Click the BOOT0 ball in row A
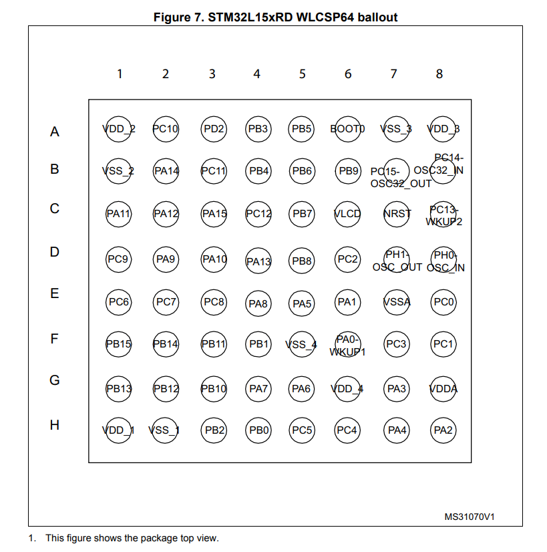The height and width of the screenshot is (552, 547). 348,128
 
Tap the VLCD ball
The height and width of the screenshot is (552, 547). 348,214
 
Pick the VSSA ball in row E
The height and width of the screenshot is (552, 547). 397,301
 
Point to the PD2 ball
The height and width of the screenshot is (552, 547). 213,128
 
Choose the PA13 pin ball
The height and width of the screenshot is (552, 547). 258,261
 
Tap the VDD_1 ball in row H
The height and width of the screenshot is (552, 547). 118,430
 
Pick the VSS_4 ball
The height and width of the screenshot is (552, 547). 301,344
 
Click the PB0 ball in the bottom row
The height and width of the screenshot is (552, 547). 258,430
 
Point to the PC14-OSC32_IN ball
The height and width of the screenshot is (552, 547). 442,168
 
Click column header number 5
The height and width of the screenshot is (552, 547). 303,74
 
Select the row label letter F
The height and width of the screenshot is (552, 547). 55,338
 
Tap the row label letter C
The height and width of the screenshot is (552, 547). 55,209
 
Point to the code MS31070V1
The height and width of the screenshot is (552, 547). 474,517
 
